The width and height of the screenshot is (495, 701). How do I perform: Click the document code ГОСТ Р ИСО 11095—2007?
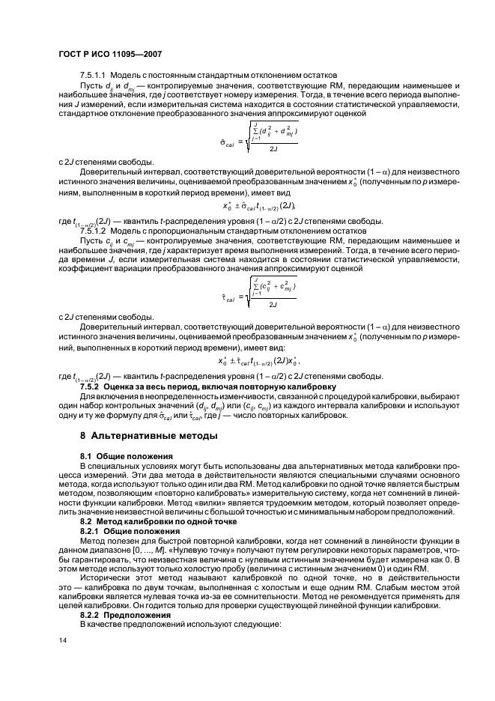[110, 54]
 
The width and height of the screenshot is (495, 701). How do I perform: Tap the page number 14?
[63, 640]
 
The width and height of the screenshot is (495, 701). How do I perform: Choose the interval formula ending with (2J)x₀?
[248, 361]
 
